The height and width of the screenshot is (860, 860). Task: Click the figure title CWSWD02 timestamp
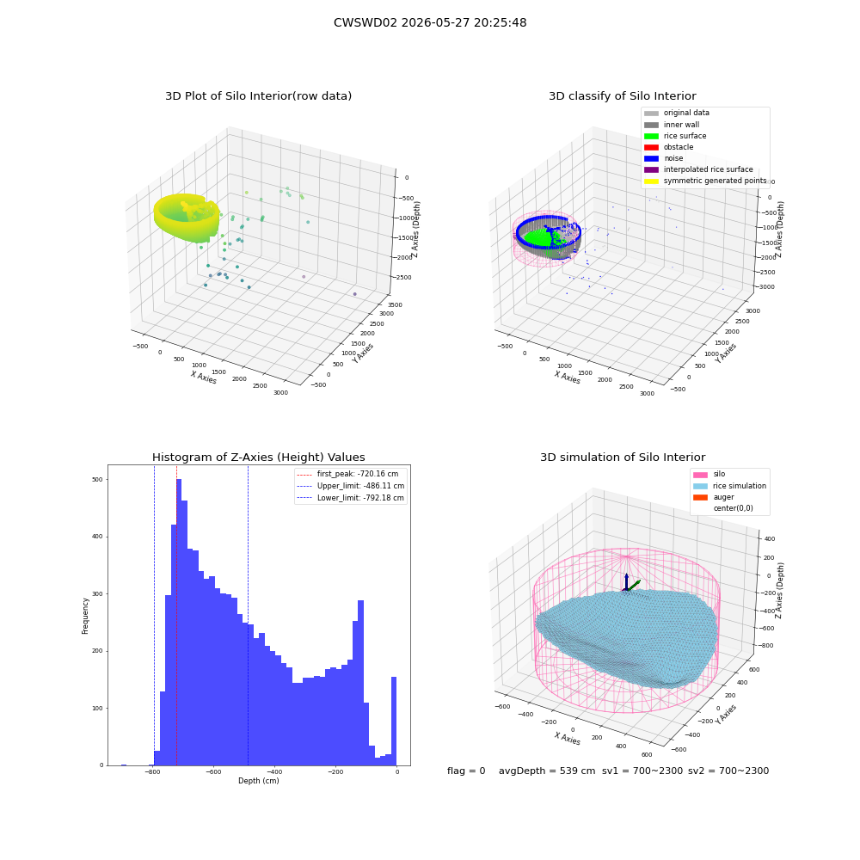[430, 22]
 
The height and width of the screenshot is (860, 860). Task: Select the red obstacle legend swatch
[651, 147]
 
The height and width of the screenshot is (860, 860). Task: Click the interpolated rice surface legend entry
[698, 169]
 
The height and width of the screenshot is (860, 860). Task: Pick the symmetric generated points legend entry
[705, 181]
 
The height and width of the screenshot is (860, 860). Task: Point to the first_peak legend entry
[347, 474]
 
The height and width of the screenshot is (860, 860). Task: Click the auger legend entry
[714, 497]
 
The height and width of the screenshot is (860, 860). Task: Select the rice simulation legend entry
[729, 486]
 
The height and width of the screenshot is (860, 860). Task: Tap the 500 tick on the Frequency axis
[97, 479]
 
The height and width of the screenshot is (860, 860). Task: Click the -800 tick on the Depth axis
[152, 771]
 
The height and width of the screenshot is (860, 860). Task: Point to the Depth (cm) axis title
[258, 781]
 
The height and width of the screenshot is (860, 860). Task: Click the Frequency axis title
[85, 616]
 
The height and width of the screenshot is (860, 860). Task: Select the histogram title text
[258, 457]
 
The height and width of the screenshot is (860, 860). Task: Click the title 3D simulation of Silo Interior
[623, 457]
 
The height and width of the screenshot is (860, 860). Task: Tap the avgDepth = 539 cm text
[547, 771]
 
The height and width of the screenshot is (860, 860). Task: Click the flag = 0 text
[466, 771]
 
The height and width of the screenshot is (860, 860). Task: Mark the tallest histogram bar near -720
[179, 622]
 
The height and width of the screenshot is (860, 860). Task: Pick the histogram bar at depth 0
[393, 722]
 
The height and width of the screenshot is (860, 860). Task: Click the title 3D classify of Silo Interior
[623, 96]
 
